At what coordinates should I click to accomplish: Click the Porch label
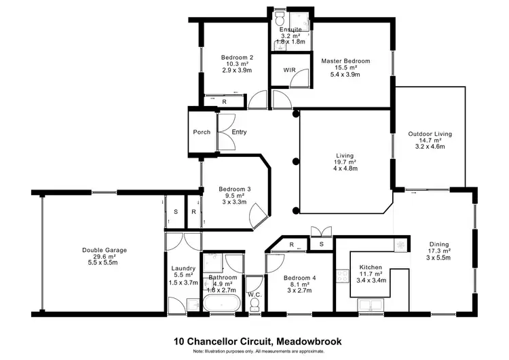[202, 132]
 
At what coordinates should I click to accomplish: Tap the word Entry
[239, 132]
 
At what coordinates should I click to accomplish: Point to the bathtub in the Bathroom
[221, 302]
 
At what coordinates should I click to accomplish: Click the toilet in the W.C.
[254, 303]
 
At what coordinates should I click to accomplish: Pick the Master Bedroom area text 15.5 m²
[346, 69]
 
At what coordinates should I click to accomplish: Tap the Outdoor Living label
[430, 134]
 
